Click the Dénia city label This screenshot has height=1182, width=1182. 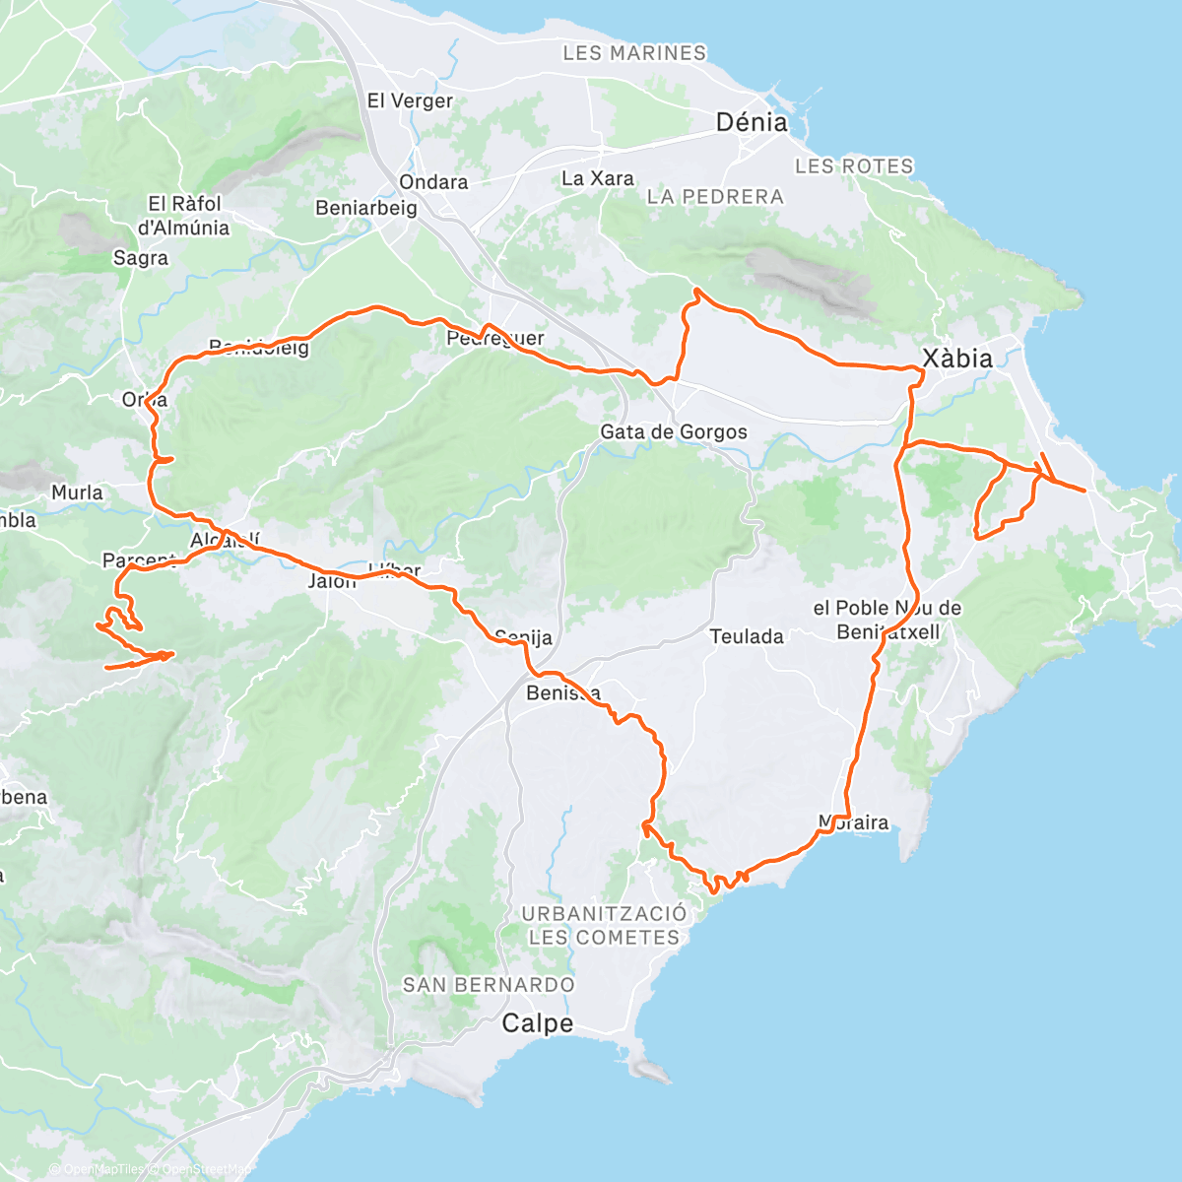[752, 123]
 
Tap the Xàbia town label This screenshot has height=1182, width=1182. [956, 359]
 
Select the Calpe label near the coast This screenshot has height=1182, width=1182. [537, 1024]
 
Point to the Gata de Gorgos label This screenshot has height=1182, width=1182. [674, 432]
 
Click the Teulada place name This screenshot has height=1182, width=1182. [747, 637]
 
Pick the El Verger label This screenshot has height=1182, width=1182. [410, 100]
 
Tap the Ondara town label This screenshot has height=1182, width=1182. [433, 182]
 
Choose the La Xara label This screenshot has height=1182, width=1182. [597, 178]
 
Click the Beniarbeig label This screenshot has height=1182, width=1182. [366, 208]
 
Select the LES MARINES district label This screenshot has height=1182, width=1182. [634, 53]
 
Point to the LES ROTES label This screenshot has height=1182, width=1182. [854, 166]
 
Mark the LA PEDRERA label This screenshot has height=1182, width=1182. [715, 197]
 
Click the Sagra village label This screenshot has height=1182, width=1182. [141, 258]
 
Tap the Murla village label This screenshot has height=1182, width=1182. [77, 492]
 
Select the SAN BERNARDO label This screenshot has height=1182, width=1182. [489, 985]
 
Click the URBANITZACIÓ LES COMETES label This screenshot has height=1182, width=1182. [604, 926]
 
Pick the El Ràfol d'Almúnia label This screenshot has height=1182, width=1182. [184, 216]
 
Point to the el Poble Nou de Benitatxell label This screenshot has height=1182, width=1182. [886, 620]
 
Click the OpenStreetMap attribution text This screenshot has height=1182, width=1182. [202, 1169]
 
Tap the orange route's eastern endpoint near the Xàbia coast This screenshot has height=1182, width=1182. [1085, 490]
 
